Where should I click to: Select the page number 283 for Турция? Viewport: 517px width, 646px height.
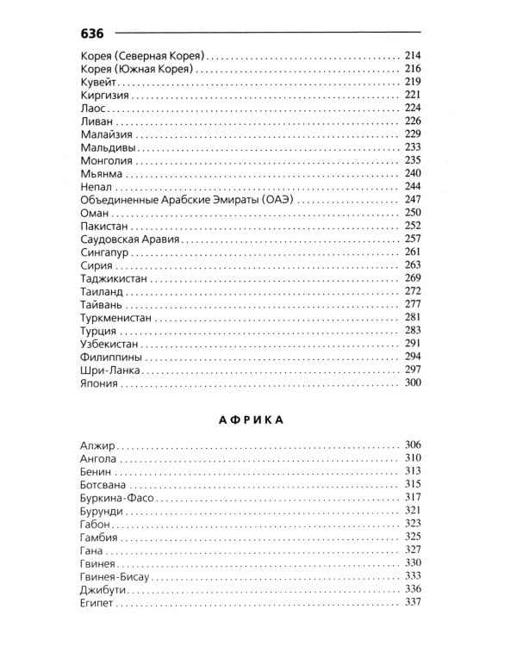point(412,330)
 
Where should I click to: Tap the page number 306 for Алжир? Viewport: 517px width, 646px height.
point(412,444)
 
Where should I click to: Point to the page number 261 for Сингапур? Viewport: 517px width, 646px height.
point(412,252)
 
